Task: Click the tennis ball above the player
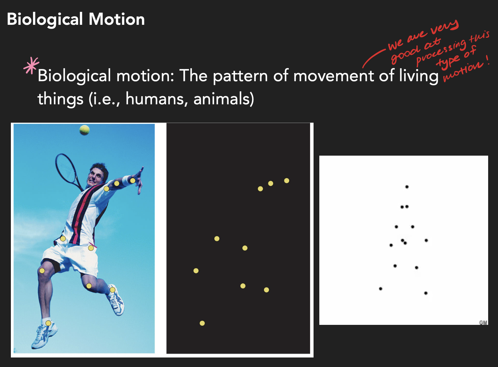(x=84, y=130)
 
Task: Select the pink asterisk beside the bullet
(x=31, y=65)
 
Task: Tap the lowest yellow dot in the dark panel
(x=202, y=323)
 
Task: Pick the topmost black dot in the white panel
(x=407, y=187)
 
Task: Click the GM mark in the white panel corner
(x=483, y=322)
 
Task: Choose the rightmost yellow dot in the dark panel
(x=287, y=180)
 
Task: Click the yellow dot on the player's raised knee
(x=42, y=270)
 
